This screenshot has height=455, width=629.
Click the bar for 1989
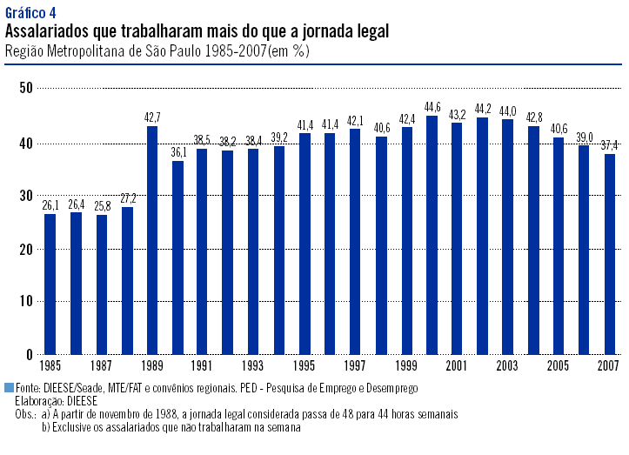(x=152, y=240)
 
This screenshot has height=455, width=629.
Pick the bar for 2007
(x=611, y=254)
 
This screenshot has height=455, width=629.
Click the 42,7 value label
(x=152, y=117)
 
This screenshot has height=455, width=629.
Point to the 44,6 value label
(x=432, y=108)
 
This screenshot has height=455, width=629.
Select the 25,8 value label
(x=101, y=206)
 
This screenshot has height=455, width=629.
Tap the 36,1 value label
(x=177, y=152)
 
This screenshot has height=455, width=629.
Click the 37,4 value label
(x=611, y=145)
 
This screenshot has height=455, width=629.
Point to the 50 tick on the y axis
(x=26, y=88)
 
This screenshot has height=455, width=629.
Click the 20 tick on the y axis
(x=26, y=248)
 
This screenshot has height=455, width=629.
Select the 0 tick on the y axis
(x=30, y=355)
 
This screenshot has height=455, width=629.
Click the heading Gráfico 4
(x=30, y=11)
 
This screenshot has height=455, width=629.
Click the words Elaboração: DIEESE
(x=57, y=402)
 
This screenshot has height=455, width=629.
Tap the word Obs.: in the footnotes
(x=26, y=415)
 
